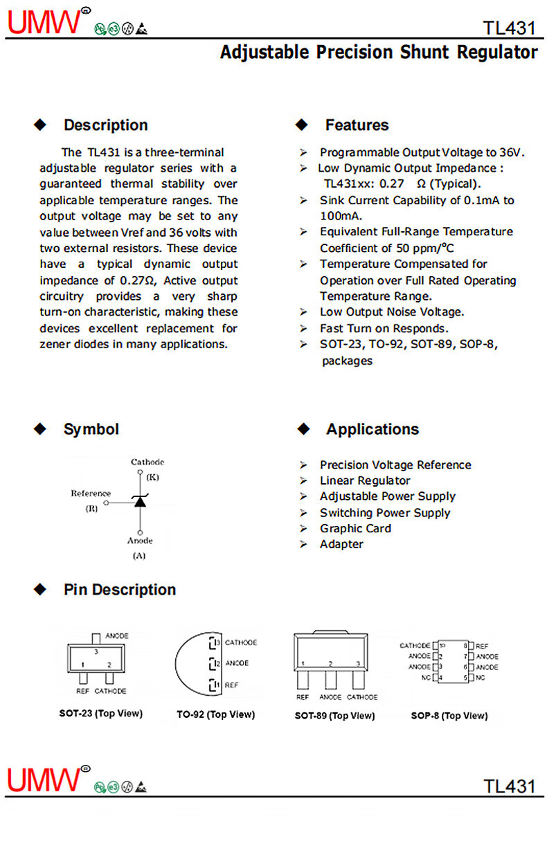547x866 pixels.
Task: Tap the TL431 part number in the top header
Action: (x=510, y=28)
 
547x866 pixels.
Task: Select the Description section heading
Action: (x=105, y=125)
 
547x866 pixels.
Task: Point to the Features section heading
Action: (x=357, y=125)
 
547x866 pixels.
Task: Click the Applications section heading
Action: (x=373, y=429)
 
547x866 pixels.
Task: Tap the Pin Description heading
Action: (x=120, y=590)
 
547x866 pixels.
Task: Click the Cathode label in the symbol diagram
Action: (x=147, y=462)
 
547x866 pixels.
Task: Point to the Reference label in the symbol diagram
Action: (x=91, y=494)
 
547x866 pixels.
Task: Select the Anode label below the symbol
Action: (x=140, y=541)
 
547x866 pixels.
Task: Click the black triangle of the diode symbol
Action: (x=141, y=501)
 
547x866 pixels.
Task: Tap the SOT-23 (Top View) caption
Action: (x=100, y=713)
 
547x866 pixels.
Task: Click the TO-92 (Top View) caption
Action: (x=215, y=714)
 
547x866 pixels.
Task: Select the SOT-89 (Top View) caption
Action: (x=334, y=715)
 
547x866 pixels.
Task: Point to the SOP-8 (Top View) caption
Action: (x=449, y=715)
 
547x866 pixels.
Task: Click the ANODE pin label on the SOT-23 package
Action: (x=116, y=635)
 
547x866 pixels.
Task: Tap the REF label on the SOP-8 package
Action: (x=482, y=645)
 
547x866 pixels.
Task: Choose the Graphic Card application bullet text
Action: (x=355, y=528)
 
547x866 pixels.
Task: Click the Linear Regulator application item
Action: (x=365, y=480)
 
